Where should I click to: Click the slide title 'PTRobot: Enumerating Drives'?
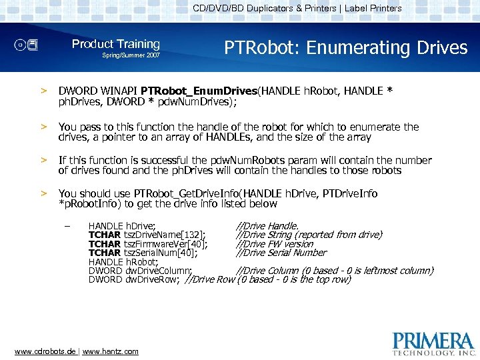point(345,48)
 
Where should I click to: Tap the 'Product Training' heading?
point(115,44)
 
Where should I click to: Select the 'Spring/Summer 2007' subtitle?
point(131,55)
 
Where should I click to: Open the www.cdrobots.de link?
point(45,351)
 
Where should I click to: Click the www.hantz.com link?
point(110,351)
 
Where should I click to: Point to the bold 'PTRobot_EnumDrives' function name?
point(199,91)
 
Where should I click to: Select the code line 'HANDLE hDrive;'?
point(122,227)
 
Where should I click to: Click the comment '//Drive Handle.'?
point(267,227)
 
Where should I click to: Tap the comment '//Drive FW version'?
point(275,244)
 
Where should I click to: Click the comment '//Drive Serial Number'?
point(281,253)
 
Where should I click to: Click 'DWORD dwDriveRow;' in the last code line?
point(134,279)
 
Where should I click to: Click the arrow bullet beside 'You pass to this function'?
point(45,127)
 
